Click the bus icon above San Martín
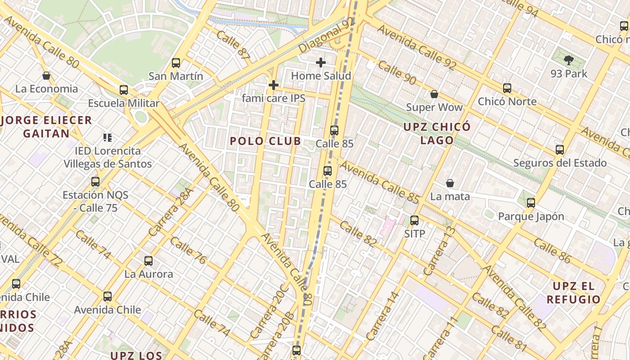[x=176, y=63]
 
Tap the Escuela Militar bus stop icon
[x=124, y=90]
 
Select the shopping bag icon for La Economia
[x=46, y=76]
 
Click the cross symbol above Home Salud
[x=321, y=63]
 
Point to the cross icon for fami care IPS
[x=273, y=85]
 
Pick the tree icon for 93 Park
[x=569, y=60]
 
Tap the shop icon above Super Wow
[x=434, y=94]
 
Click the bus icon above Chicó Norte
[x=507, y=88]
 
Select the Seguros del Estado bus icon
[x=560, y=150]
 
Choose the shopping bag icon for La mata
[x=450, y=183]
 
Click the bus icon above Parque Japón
[x=531, y=203]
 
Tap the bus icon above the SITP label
[x=414, y=220]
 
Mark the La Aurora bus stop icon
[x=148, y=261]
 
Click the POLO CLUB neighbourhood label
[x=265, y=141]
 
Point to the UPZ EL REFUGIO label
[x=573, y=292]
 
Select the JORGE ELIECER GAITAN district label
[x=46, y=127]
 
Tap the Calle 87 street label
[x=233, y=45]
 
